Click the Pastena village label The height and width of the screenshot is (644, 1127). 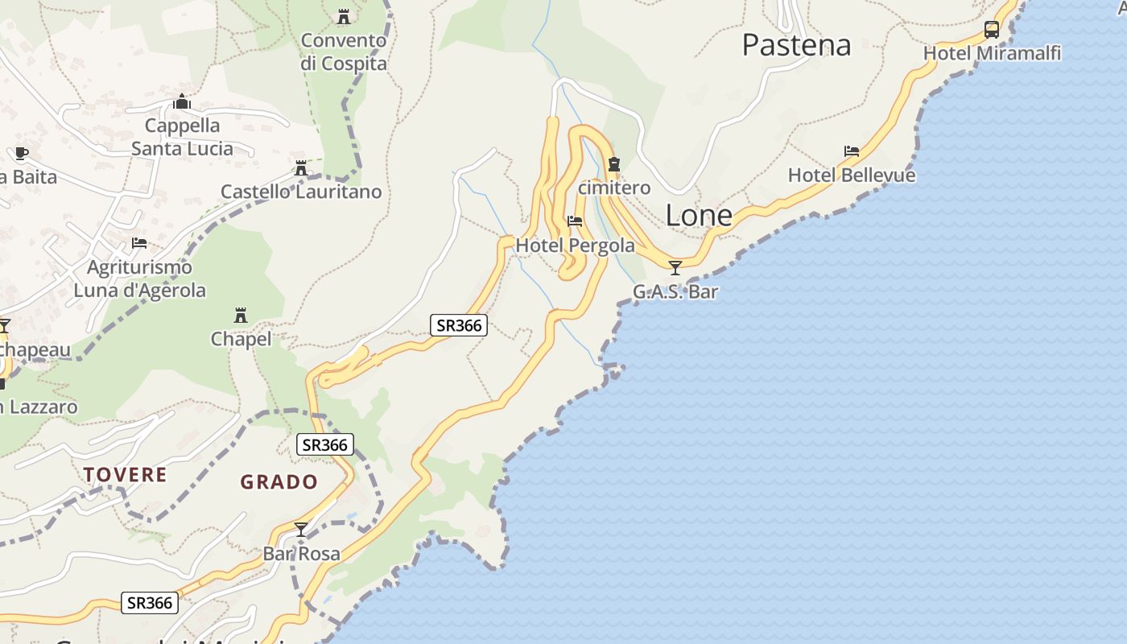796,45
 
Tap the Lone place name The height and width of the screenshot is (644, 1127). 699,215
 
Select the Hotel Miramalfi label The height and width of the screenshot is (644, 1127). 992,53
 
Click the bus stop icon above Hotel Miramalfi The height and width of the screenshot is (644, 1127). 992,30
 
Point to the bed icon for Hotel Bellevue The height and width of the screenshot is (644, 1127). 852,151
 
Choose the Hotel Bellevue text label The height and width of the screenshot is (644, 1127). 852,175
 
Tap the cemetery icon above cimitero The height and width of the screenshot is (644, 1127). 614,164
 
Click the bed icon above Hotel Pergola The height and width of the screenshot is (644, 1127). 575,221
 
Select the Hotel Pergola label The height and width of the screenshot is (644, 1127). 575,245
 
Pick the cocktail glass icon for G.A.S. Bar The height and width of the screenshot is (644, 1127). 675,268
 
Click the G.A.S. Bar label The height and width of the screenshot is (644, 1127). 675,291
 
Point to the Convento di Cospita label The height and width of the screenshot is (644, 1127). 344,52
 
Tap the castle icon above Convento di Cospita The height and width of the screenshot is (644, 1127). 344,16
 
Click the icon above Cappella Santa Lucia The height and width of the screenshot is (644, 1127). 182,102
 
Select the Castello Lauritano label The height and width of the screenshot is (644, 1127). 301,192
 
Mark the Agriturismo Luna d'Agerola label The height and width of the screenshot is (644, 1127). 140,279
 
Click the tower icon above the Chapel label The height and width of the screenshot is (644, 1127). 241,315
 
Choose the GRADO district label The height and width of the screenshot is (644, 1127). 279,482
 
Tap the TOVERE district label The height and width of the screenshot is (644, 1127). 126,475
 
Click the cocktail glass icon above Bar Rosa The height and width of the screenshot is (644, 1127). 301,530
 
